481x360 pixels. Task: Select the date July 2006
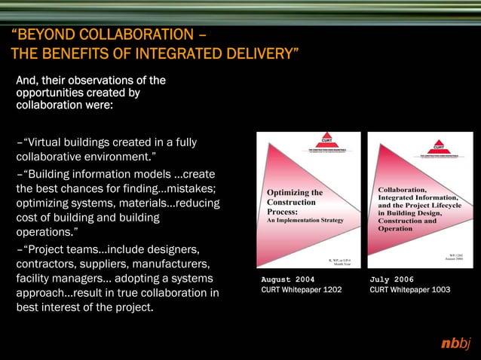click(392, 279)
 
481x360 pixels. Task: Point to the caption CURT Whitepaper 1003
click(410, 289)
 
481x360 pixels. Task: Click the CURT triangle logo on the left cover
click(326, 141)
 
